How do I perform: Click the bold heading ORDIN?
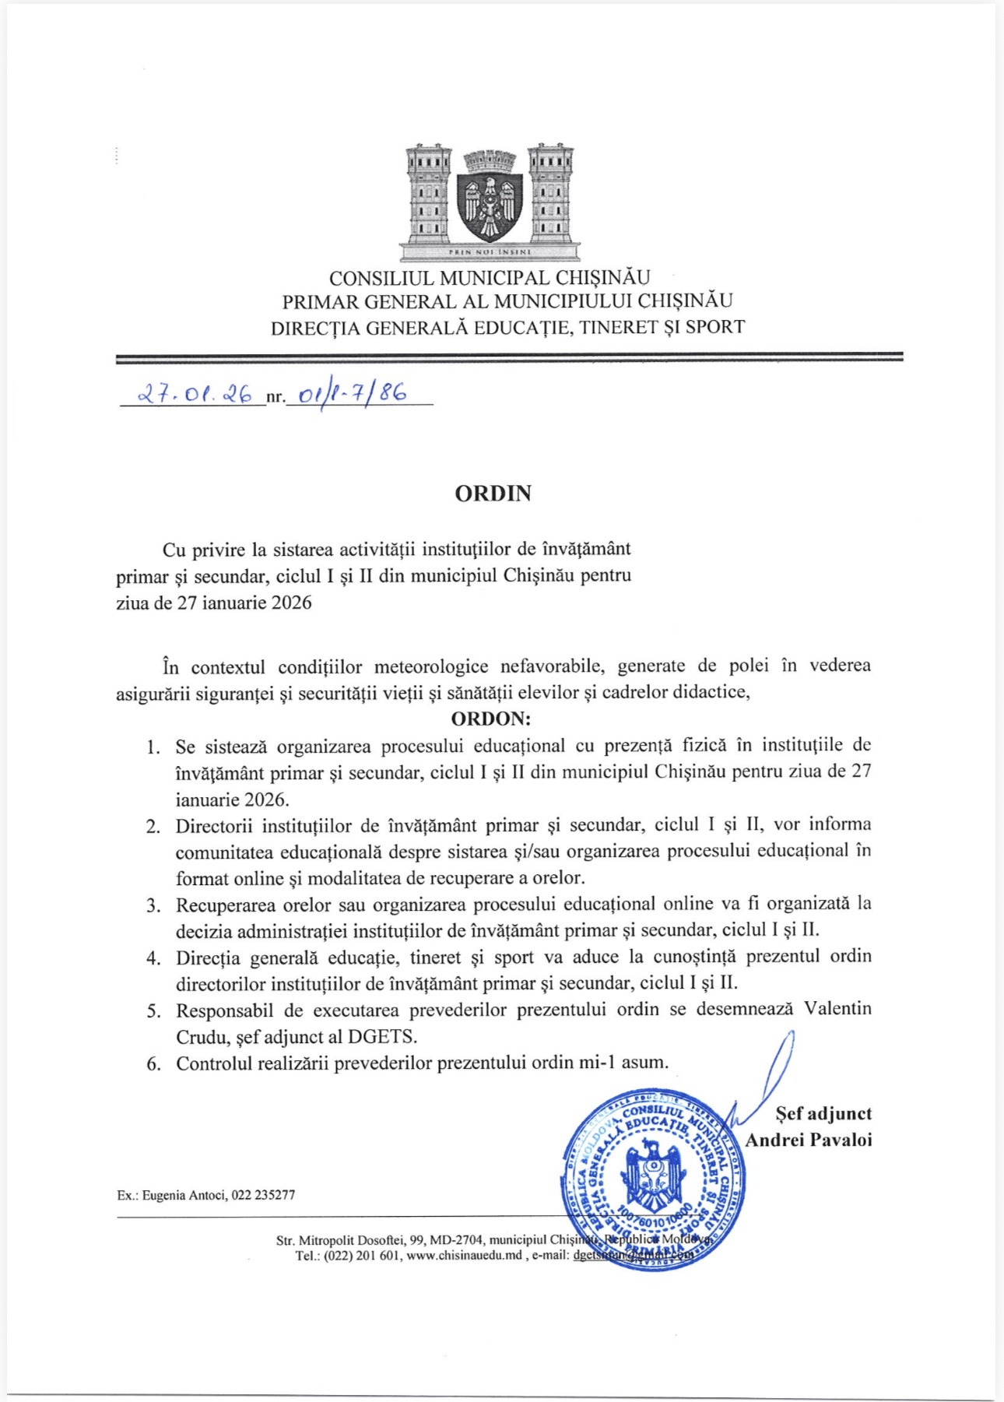pyautogui.click(x=493, y=494)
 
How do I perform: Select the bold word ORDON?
pyautogui.click(x=491, y=718)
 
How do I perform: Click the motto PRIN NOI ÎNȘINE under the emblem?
pyautogui.click(x=490, y=252)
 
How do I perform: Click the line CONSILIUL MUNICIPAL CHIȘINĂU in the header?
pyautogui.click(x=490, y=278)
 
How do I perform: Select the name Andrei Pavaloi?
pyautogui.click(x=809, y=1140)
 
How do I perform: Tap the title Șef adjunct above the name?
pyautogui.click(x=823, y=1114)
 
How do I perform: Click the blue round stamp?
pyautogui.click(x=652, y=1179)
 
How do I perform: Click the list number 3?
pyautogui.click(x=154, y=905)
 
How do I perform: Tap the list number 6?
pyautogui.click(x=154, y=1063)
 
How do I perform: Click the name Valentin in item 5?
pyautogui.click(x=837, y=1009)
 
